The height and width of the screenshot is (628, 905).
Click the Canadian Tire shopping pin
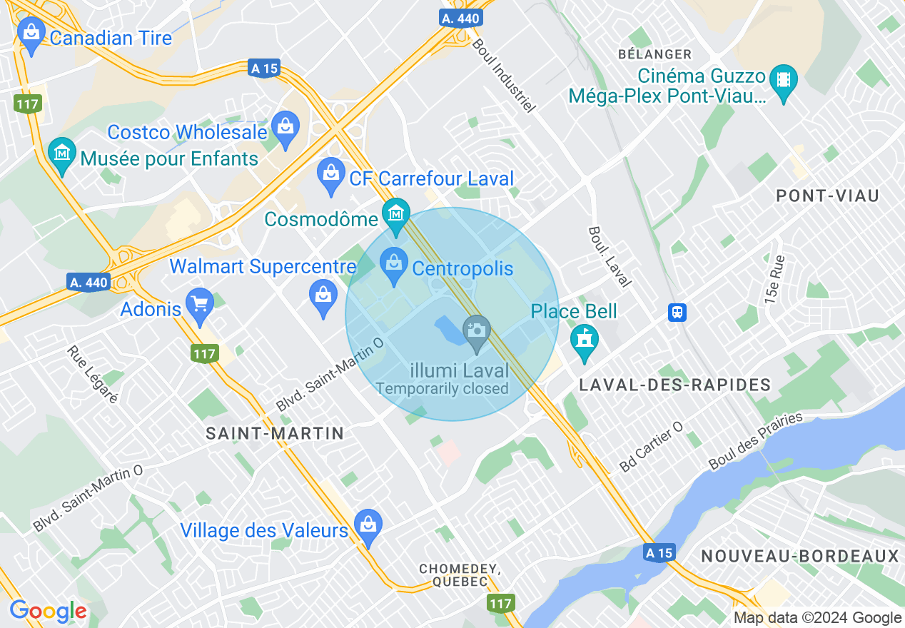coord(31,33)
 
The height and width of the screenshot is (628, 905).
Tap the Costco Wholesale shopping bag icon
coord(285,128)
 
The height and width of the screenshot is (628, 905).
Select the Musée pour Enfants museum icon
coord(62,154)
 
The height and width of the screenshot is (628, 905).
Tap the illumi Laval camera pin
coord(476,332)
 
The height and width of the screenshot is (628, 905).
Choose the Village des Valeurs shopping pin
coord(368,527)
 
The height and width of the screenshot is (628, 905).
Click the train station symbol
coord(677,312)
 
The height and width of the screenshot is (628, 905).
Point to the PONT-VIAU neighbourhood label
coord(827,196)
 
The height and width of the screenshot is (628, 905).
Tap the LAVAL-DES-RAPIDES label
coord(675,385)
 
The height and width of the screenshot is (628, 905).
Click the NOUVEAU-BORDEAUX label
coord(799,556)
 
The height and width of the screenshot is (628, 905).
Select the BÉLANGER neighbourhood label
coord(654,54)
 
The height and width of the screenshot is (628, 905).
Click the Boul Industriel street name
coord(503,75)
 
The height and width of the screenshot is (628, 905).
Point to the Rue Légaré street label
coord(92,375)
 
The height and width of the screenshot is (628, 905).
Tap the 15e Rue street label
coord(774,280)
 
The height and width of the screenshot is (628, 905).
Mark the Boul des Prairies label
coord(756,441)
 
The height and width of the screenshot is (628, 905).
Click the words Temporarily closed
coord(442,389)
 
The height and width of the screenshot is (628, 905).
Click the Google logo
coord(48,612)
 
